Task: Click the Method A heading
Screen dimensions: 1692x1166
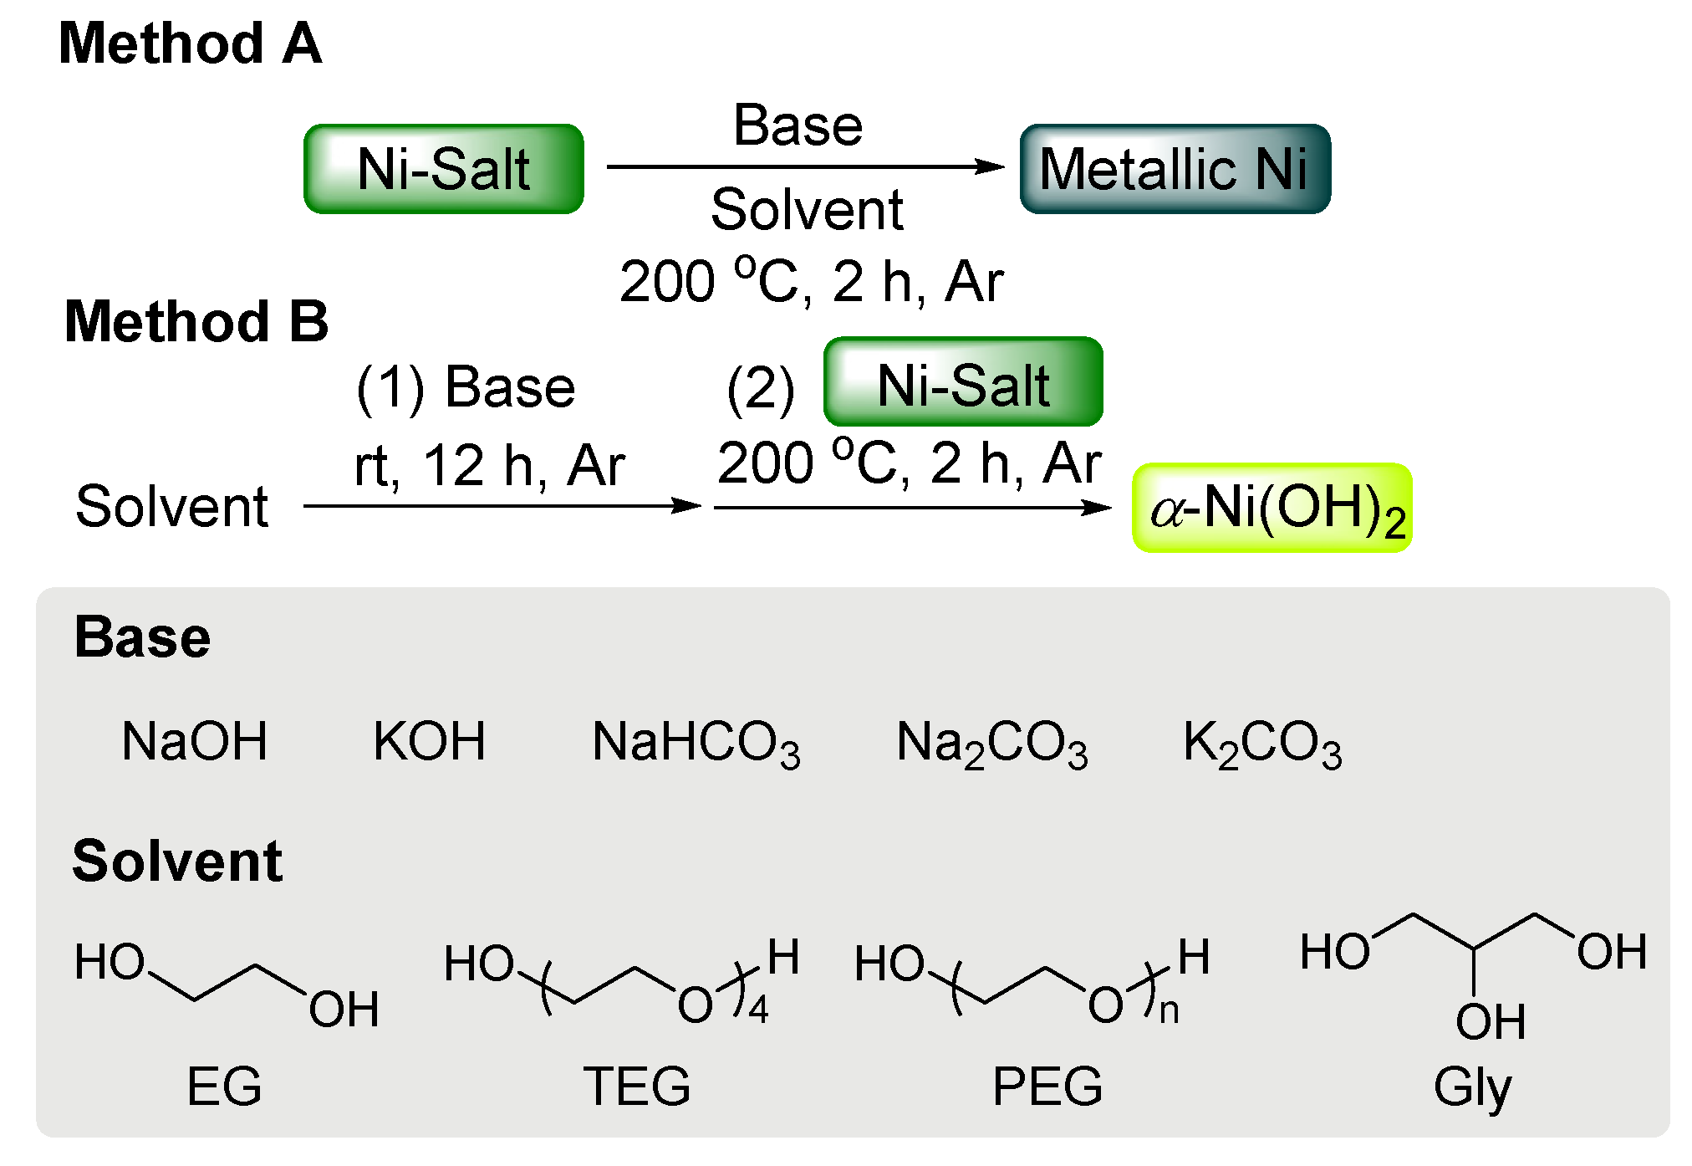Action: (190, 43)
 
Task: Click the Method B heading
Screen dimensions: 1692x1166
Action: (196, 322)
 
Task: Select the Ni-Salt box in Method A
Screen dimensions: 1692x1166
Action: (444, 169)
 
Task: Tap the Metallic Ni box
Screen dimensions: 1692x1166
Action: (1175, 169)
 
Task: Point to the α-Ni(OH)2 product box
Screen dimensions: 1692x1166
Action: (1272, 508)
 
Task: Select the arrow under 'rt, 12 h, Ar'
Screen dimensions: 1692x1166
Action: (502, 505)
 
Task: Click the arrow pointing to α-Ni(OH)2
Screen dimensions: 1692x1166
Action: (912, 507)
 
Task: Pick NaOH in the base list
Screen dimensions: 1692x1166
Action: (195, 742)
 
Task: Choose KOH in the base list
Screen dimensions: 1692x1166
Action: (429, 742)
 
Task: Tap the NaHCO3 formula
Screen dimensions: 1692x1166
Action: (696, 744)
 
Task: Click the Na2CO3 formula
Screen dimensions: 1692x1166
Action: (991, 744)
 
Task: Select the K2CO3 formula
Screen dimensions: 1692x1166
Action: (1261, 744)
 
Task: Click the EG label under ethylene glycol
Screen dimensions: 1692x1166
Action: (224, 1087)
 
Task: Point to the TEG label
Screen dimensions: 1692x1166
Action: (637, 1087)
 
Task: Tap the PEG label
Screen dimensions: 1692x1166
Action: (1047, 1087)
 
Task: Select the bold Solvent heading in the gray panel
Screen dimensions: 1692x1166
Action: (177, 862)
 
